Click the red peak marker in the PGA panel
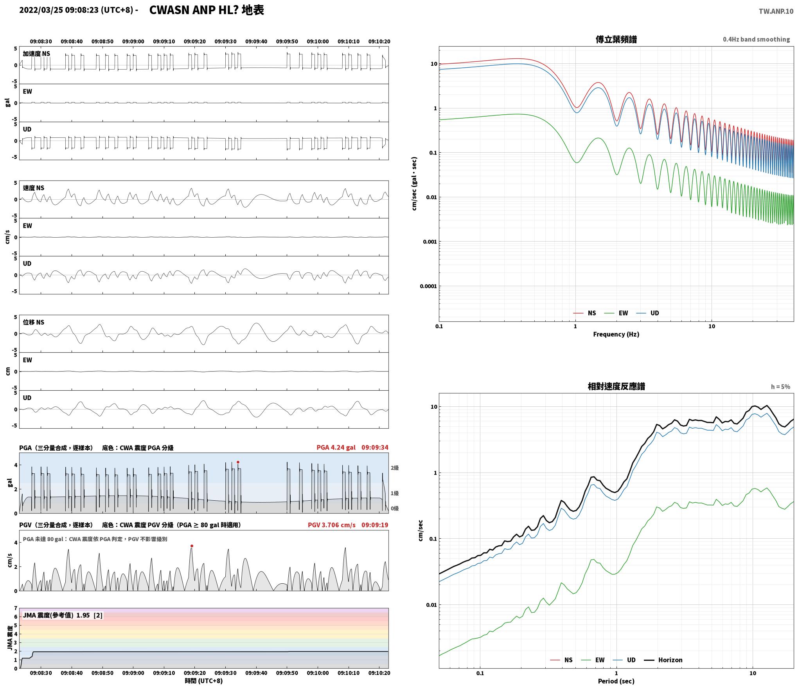(x=238, y=462)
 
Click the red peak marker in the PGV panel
(x=192, y=546)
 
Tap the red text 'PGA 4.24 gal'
(x=336, y=447)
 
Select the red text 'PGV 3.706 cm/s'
(x=332, y=525)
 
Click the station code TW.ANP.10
(x=776, y=11)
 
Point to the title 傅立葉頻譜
(x=616, y=40)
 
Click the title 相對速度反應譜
(x=616, y=386)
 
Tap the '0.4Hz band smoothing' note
(x=756, y=40)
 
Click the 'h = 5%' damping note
(x=780, y=387)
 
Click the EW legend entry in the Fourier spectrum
(x=616, y=313)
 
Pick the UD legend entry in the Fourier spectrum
(x=647, y=313)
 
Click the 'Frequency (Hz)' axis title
(x=616, y=334)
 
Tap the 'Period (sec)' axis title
(x=616, y=682)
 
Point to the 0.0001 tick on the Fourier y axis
(x=428, y=286)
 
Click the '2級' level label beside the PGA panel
(x=395, y=468)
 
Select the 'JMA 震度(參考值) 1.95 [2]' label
(x=63, y=615)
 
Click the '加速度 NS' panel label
(x=36, y=54)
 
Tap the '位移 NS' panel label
(x=34, y=322)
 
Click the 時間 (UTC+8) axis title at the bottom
(x=204, y=681)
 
